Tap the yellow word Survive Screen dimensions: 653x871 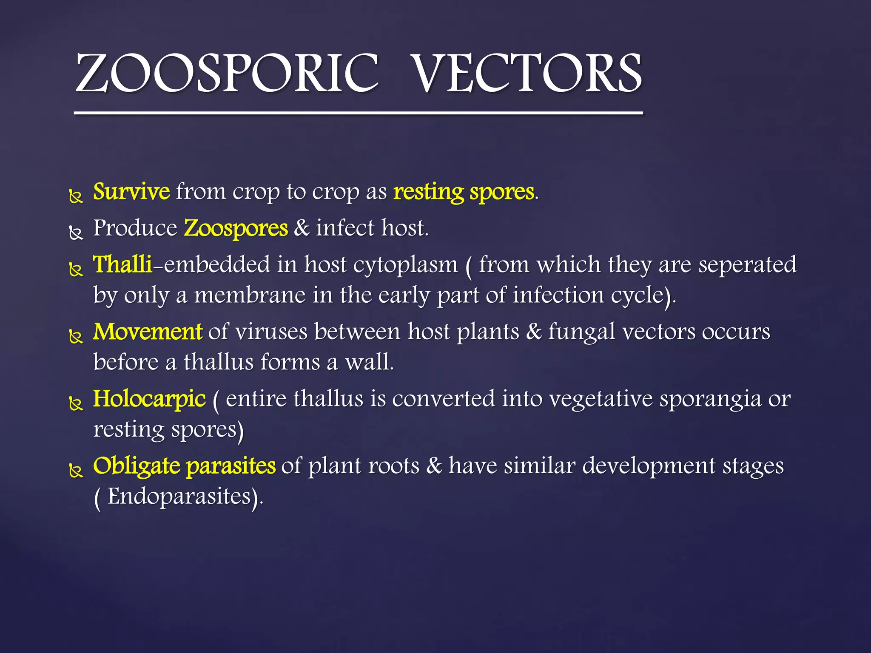[x=131, y=192]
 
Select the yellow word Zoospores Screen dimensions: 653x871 [x=236, y=228]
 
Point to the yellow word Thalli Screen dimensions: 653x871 [x=122, y=264]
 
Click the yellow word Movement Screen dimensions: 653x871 [x=148, y=332]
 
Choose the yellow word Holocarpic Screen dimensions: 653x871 [x=149, y=399]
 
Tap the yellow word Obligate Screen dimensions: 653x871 [x=137, y=466]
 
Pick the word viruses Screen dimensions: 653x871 [x=271, y=332]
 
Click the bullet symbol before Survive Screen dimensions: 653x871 [x=76, y=197]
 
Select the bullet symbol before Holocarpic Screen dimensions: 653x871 [x=76, y=403]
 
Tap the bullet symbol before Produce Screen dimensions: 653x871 [x=76, y=233]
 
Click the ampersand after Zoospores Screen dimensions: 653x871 [x=302, y=228]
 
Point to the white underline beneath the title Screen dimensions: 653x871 [x=358, y=114]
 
